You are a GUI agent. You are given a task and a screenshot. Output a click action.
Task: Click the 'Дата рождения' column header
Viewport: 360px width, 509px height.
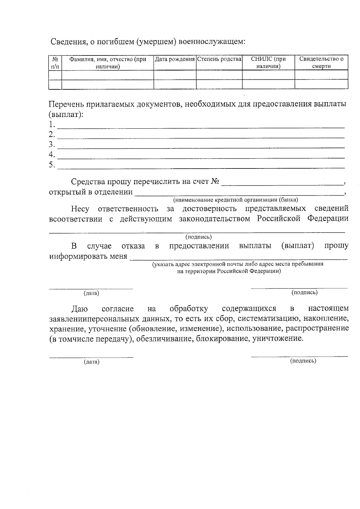pyautogui.click(x=175, y=59)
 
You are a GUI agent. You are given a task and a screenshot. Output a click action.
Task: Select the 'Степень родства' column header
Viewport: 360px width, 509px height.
pyautogui.click(x=219, y=59)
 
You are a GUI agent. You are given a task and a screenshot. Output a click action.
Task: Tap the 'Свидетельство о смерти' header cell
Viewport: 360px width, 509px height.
pyautogui.click(x=321, y=63)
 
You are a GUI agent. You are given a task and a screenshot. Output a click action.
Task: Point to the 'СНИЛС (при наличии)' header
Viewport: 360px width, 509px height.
pyautogui.click(x=268, y=63)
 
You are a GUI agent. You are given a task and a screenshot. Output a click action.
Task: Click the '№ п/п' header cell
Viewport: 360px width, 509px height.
pyautogui.click(x=55, y=63)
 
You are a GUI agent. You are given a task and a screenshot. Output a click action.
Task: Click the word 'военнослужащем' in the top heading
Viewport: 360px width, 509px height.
pyautogui.click(x=212, y=42)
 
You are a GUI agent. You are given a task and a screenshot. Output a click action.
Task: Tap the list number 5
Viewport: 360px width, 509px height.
pyautogui.click(x=52, y=165)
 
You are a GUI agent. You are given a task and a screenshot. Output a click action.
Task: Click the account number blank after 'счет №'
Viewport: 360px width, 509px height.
pyautogui.click(x=282, y=182)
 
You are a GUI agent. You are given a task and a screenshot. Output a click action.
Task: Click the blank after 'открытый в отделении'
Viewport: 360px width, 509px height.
pyautogui.click(x=239, y=192)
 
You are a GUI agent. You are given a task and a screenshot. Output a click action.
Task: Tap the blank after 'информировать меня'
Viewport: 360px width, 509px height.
pyautogui.click(x=238, y=257)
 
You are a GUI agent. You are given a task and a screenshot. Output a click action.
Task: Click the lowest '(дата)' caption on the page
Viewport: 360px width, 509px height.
pyautogui.click(x=91, y=362)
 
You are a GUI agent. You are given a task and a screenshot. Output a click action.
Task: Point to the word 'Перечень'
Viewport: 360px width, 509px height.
pyautogui.click(x=66, y=104)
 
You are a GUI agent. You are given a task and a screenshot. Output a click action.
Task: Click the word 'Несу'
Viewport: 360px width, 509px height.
pyautogui.click(x=80, y=209)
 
